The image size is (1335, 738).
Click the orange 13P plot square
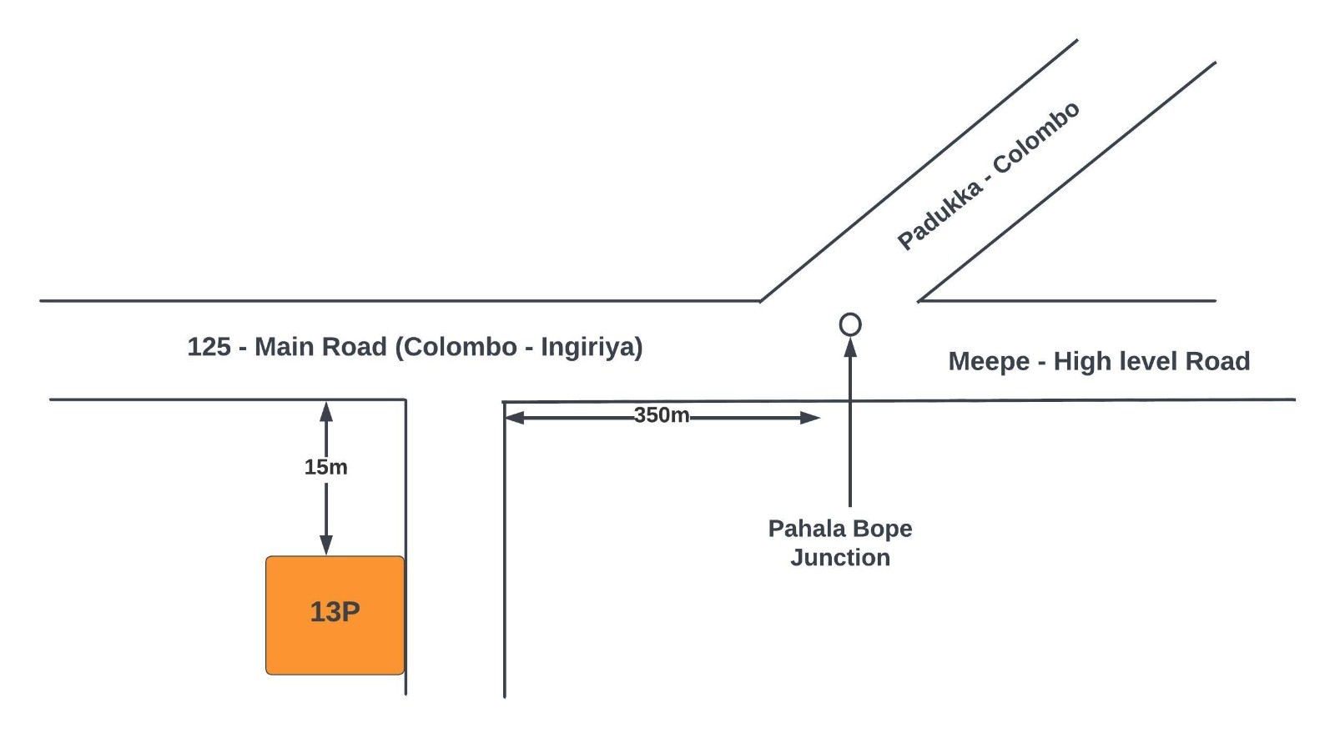click(x=335, y=615)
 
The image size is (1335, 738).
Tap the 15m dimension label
click(x=325, y=467)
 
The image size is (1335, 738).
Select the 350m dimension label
click(x=661, y=415)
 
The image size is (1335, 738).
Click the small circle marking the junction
click(x=849, y=324)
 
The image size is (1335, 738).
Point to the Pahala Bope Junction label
click(x=839, y=543)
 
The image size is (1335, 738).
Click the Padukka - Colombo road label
click(x=988, y=176)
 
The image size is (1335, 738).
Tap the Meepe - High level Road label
click(x=1098, y=361)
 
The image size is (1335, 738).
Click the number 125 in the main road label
click(x=209, y=347)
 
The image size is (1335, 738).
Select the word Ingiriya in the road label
click(x=589, y=347)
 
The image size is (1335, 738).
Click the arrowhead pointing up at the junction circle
click(x=850, y=347)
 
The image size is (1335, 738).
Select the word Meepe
click(x=988, y=361)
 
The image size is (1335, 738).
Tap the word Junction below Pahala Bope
click(x=839, y=558)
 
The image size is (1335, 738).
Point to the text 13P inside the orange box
click(x=335, y=612)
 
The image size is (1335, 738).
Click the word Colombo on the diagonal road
click(x=1036, y=138)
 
